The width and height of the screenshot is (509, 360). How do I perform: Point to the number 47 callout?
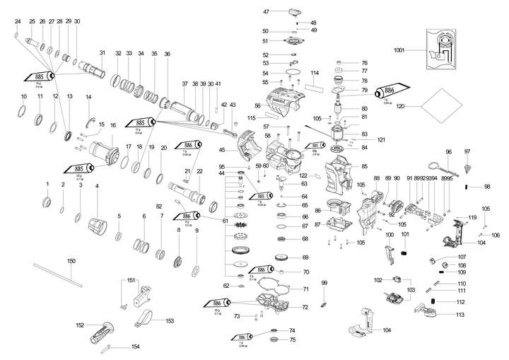(267, 12)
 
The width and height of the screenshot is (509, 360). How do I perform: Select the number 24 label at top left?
(18, 22)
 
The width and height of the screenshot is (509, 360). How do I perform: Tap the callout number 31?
(102, 53)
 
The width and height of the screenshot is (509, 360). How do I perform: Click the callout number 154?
(136, 347)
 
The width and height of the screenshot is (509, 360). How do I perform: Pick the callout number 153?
(170, 320)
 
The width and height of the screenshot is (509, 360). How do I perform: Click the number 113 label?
(460, 314)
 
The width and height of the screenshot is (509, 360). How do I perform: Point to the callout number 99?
(324, 283)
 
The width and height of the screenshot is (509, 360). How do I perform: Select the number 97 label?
(467, 152)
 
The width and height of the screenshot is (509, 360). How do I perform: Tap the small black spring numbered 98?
(467, 186)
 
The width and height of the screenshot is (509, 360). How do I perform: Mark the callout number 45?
(222, 149)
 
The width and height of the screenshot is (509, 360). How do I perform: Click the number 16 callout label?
(112, 125)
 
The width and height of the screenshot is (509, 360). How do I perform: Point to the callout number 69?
(305, 257)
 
